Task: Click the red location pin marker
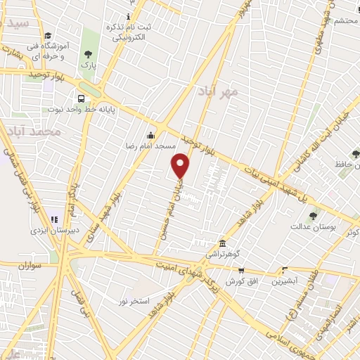pyautogui.click(x=181, y=165)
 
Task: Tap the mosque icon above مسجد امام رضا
pyautogui.click(x=150, y=136)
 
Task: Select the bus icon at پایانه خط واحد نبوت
pyautogui.click(x=82, y=99)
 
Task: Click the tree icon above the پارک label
pyautogui.click(x=88, y=54)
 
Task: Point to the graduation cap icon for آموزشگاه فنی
pyautogui.click(x=47, y=36)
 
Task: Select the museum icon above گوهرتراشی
pyautogui.click(x=222, y=243)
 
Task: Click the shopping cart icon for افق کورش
pyautogui.click(x=241, y=271)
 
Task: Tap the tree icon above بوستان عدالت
pyautogui.click(x=313, y=216)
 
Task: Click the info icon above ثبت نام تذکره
pyautogui.click(x=128, y=16)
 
